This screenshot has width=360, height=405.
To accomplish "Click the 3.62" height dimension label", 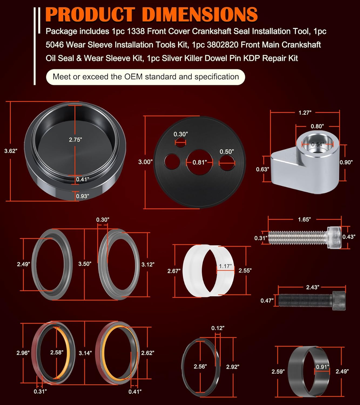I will point(11,151).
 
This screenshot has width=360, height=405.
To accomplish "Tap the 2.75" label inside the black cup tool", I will point(75,140).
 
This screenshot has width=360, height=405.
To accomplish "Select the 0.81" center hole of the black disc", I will point(200,162).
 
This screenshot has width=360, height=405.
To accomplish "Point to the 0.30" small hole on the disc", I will point(180,141).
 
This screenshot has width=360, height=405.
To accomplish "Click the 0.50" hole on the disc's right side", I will point(227,163).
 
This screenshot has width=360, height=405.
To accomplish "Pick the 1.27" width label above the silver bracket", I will point(305,113).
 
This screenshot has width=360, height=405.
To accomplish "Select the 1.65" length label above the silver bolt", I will point(304,220).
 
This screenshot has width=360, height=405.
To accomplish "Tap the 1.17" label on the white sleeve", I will point(225,266).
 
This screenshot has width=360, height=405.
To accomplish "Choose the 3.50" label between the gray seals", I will point(85,264).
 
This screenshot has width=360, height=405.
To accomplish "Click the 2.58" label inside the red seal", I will point(57,352).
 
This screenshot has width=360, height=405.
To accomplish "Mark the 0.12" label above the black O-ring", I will point(218,328).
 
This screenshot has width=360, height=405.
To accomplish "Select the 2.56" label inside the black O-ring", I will point(200,366).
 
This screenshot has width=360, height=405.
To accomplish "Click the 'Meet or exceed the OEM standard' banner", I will point(146,77).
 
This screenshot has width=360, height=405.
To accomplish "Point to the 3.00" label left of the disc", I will point(145,162).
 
